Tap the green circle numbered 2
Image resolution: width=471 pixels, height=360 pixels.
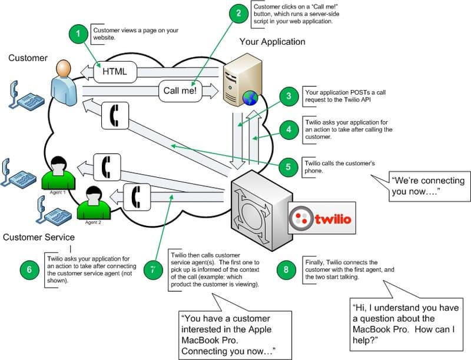[x=238, y=13]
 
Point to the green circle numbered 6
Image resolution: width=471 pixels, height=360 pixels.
[x=29, y=270]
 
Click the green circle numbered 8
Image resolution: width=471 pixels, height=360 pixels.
[x=286, y=270]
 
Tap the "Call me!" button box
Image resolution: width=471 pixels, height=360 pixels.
[x=180, y=91]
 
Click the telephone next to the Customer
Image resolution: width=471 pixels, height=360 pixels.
[x=25, y=95]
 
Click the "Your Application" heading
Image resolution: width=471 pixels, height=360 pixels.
[x=272, y=42]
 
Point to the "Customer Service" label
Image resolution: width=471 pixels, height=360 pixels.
[x=39, y=237]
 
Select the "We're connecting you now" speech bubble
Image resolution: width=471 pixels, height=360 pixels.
[x=428, y=186]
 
